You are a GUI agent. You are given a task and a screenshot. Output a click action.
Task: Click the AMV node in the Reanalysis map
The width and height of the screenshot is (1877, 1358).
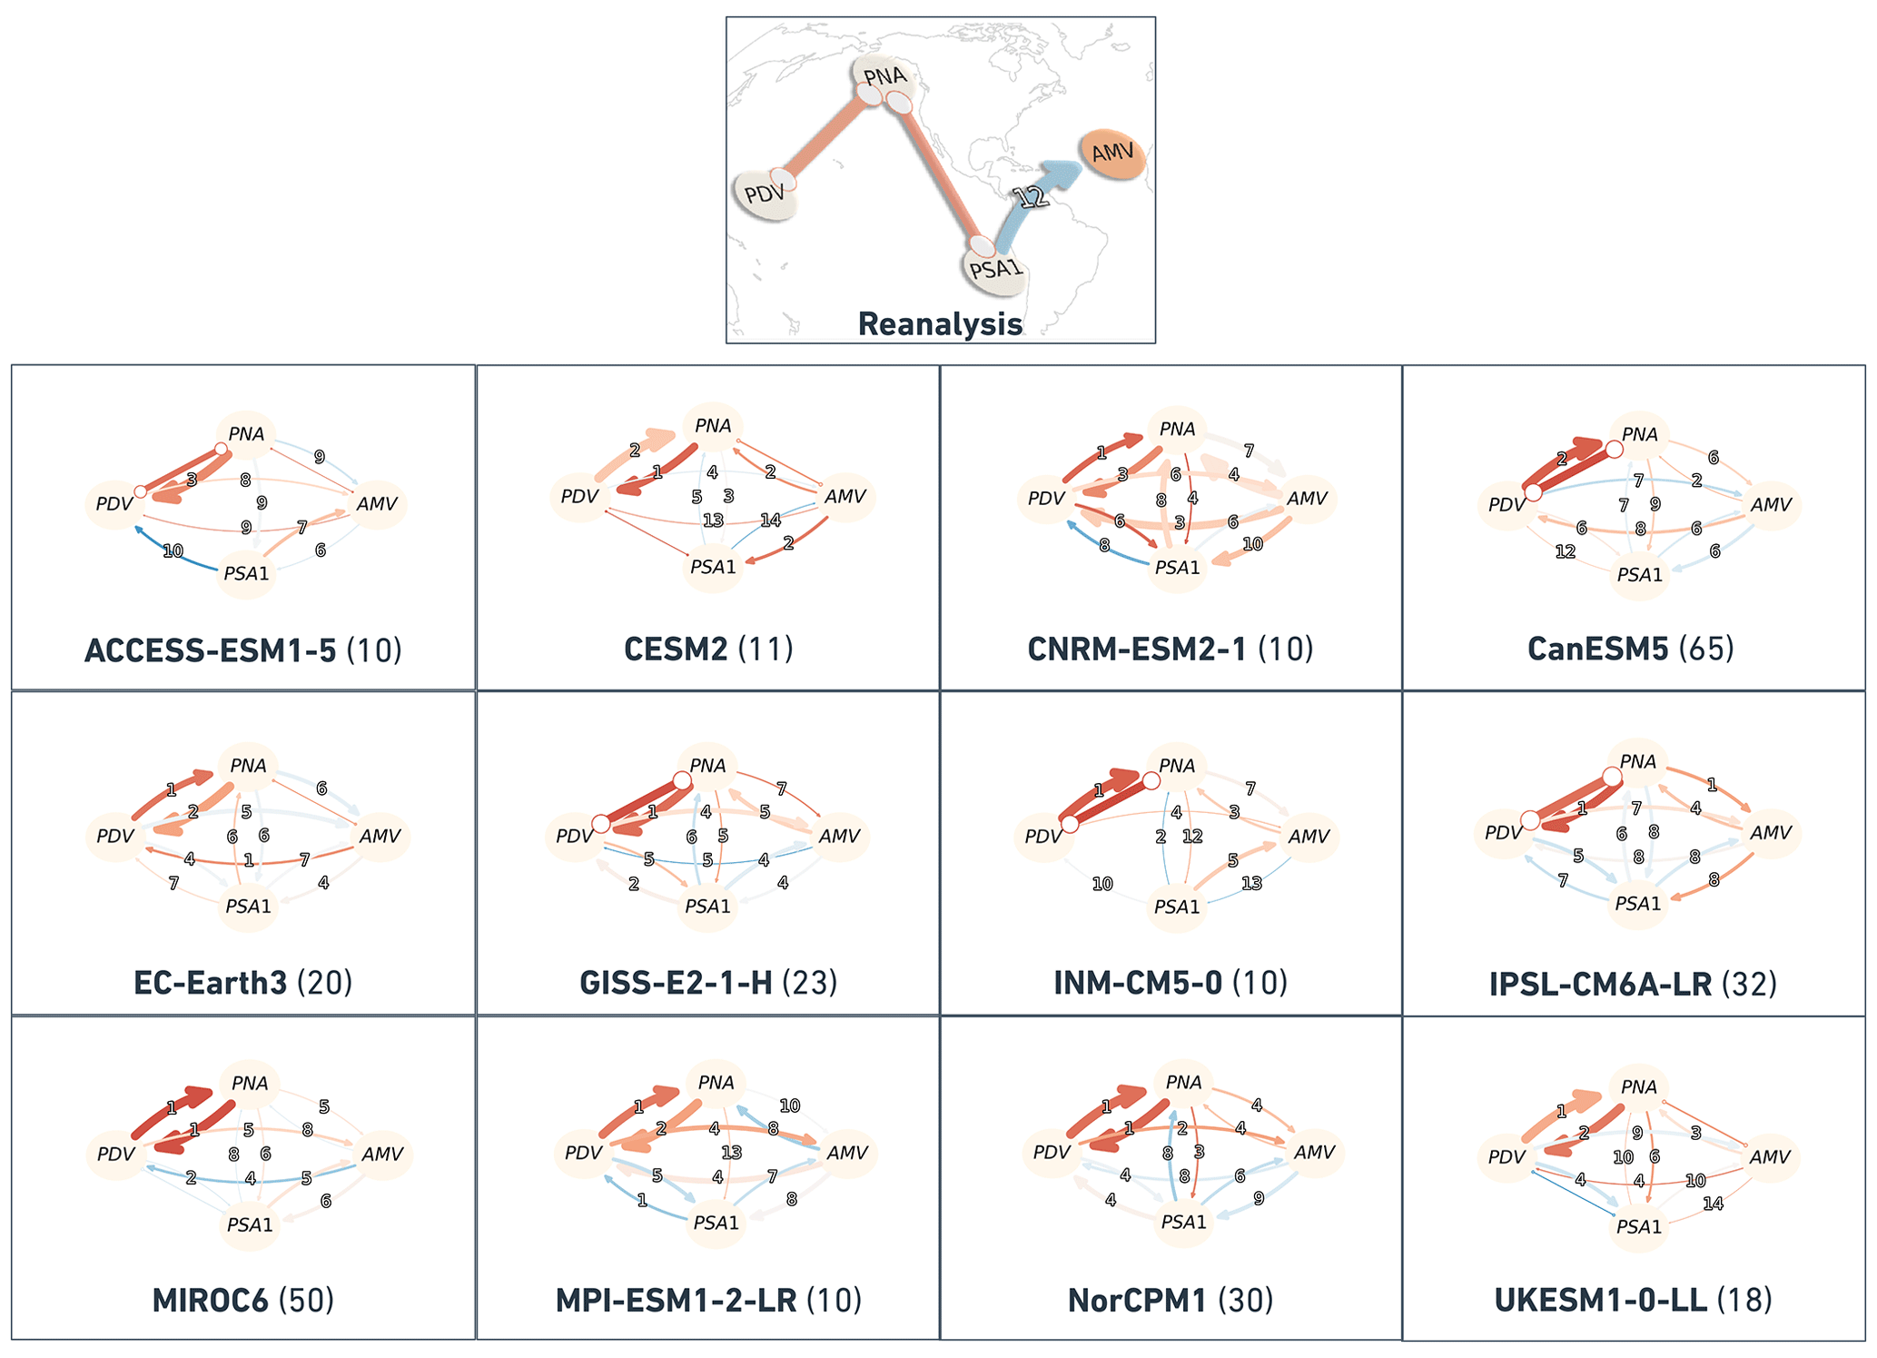coord(1112,154)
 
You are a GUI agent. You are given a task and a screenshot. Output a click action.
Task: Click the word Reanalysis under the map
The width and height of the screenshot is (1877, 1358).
coord(940,324)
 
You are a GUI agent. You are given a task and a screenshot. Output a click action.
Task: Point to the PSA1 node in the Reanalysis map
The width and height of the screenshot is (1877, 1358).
coord(995,269)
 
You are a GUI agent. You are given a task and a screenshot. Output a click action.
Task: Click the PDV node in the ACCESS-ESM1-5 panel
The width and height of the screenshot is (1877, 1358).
coord(114,503)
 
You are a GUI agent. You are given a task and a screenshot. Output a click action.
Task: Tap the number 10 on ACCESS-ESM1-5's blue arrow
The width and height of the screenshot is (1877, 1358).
coord(173,550)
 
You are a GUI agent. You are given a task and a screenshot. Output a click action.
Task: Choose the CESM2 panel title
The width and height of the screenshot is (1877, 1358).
coord(708,649)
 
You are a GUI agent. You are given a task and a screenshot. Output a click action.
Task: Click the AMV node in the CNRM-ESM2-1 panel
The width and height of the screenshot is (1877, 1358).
coord(1307,499)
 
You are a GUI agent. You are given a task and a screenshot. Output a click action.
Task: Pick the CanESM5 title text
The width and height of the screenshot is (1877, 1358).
coord(1630,649)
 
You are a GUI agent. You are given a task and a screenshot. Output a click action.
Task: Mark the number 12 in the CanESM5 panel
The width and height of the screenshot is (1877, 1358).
coord(1565,551)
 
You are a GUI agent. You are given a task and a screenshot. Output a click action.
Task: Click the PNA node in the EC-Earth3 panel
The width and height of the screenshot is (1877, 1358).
coord(248,766)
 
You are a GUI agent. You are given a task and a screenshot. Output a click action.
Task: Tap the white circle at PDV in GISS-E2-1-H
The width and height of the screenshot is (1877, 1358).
coord(600,824)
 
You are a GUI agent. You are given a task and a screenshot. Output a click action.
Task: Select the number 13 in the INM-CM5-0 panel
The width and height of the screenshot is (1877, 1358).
coord(1251,883)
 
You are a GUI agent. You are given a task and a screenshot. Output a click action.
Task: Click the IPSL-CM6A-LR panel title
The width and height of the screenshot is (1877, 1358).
coord(1633,984)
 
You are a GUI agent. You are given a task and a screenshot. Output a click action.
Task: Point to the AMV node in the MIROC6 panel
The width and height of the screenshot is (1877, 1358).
coord(381,1155)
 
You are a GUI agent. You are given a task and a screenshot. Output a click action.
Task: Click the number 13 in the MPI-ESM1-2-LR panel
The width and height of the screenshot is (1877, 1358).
coord(731,1153)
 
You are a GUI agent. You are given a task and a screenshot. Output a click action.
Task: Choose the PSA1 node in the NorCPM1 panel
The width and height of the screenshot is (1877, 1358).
coord(1183,1223)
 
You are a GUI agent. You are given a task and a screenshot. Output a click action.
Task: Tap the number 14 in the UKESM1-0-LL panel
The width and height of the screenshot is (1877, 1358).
coord(1713,1204)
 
